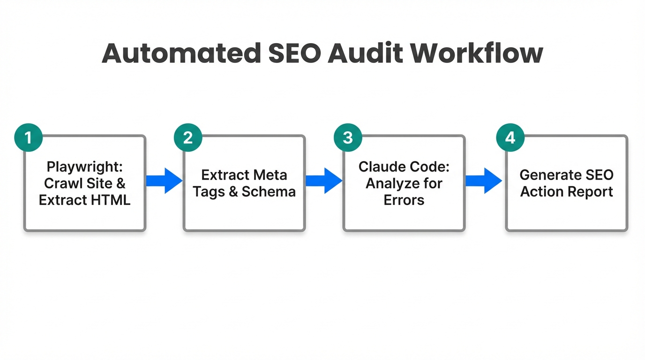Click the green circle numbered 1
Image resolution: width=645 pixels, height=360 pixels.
point(29,137)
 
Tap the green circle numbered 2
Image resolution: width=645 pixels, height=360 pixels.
point(188,137)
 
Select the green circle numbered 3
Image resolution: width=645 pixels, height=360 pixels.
point(347,137)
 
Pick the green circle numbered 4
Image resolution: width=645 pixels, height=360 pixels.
point(510,137)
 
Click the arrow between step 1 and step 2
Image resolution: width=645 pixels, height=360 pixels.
point(164,180)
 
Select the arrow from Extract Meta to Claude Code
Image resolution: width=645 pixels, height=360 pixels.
point(324,180)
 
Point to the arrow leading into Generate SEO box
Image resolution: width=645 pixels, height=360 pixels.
point(484,180)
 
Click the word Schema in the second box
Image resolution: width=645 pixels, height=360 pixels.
point(269,192)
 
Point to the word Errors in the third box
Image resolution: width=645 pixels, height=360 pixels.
point(404,200)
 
